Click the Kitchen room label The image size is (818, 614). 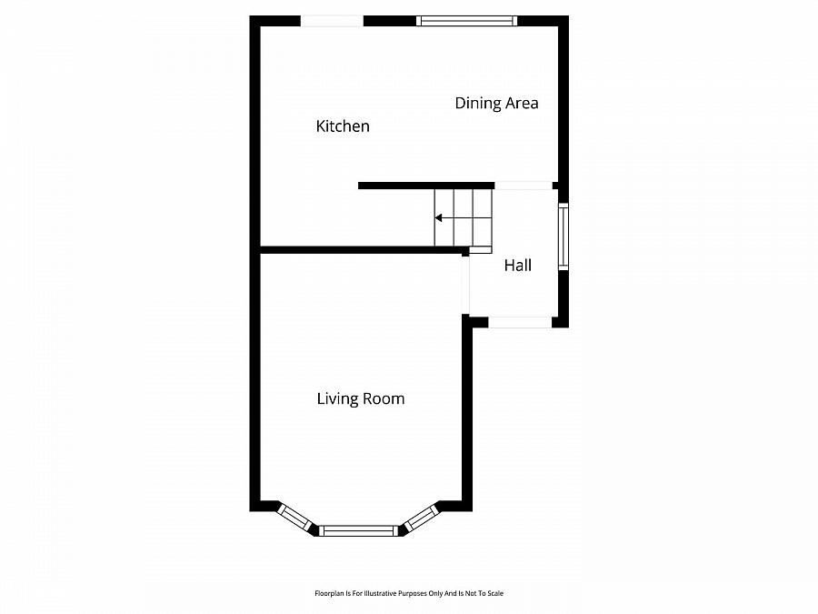[x=343, y=126]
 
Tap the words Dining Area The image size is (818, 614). [x=496, y=104]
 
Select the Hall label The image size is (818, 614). [x=518, y=266]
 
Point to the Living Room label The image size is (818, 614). [x=360, y=398]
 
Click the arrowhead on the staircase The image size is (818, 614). [x=438, y=218]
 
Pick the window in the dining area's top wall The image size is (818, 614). [x=466, y=20]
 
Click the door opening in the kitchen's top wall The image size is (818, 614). [x=332, y=21]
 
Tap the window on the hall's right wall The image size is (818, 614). [x=564, y=237]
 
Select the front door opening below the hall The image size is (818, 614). [x=519, y=322]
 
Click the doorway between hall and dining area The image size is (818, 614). [x=524, y=186]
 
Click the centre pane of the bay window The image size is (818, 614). [x=360, y=530]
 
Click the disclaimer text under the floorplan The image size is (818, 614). [x=408, y=593]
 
